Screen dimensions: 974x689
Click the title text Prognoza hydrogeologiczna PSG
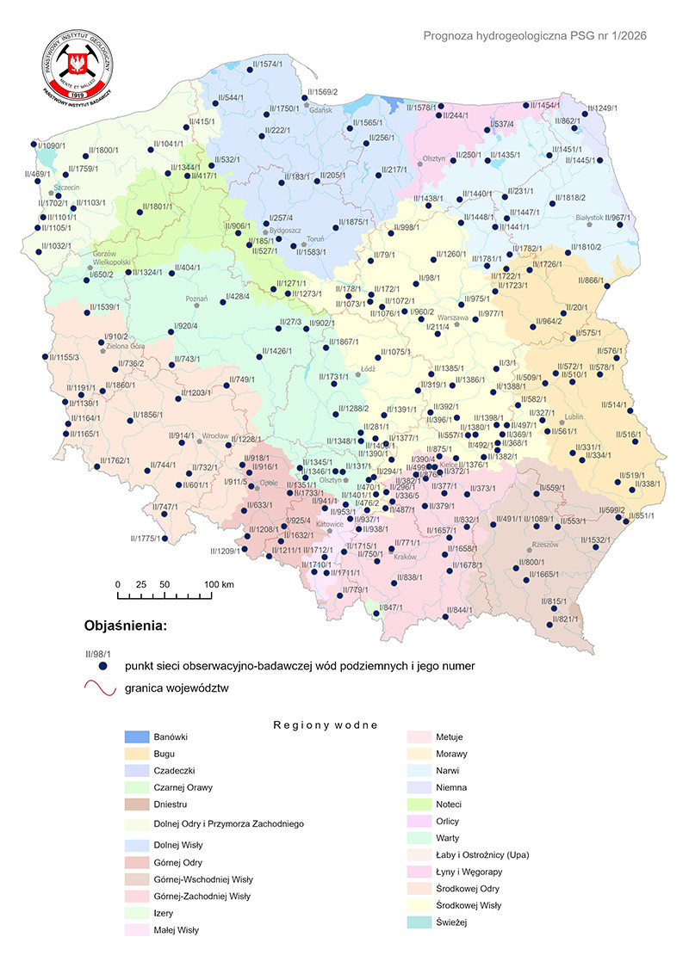coord(535,36)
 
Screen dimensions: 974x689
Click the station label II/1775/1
coord(146,539)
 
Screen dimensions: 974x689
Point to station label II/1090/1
coord(50,145)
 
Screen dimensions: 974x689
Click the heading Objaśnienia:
coord(124,625)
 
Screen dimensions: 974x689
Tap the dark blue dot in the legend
coord(102,667)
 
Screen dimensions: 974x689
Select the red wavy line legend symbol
coord(101,688)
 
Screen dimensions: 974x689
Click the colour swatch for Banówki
coord(137,737)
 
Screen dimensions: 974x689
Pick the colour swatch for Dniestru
coord(137,805)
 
